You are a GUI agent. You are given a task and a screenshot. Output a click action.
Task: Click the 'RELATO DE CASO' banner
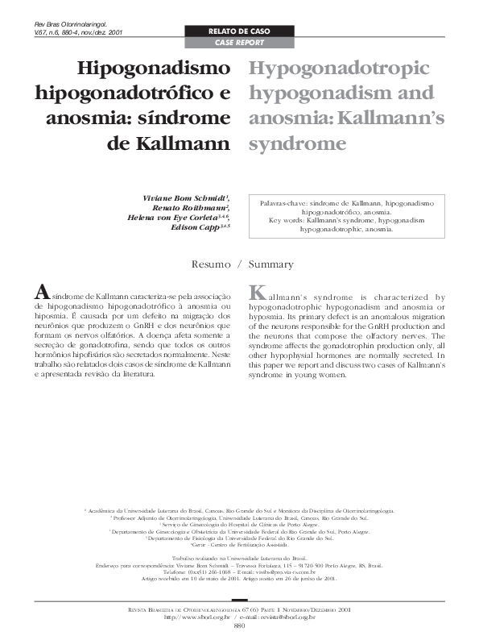238,31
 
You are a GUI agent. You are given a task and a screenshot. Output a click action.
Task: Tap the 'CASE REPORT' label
238,41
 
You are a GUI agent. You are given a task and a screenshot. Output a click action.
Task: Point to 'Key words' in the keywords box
283,220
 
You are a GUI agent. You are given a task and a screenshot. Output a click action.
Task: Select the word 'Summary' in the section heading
271,264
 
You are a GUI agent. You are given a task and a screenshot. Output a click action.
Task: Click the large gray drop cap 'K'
258,292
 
